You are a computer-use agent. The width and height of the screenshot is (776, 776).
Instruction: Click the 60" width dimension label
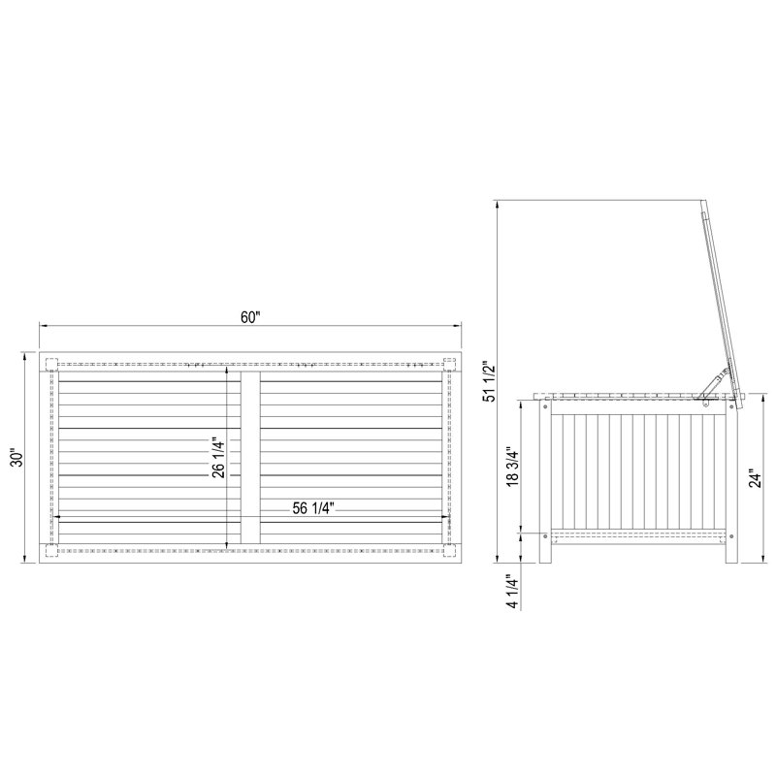pyautogui.click(x=250, y=317)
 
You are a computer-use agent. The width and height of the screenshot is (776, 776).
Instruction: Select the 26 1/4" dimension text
pyautogui.click(x=219, y=457)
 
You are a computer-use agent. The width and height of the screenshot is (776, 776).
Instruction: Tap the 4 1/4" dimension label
pyautogui.click(x=512, y=591)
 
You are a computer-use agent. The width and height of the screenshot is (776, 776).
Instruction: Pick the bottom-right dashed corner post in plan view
pyautogui.click(x=449, y=551)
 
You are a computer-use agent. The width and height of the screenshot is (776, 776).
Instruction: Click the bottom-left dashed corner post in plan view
pyautogui.click(x=50, y=551)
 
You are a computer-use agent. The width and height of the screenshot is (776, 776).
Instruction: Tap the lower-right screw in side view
pyautogui.click(x=732, y=535)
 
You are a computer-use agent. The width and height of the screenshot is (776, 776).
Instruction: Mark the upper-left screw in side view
pyautogui.click(x=543, y=408)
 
